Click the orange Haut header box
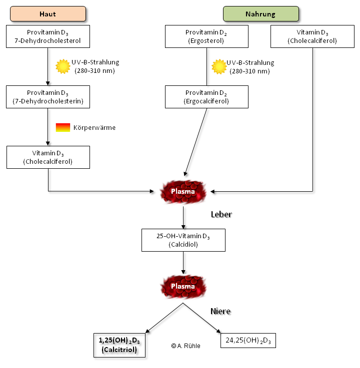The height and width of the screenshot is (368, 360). (x=48, y=13)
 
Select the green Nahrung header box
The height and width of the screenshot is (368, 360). (x=260, y=13)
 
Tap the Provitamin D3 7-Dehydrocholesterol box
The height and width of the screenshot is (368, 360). (x=48, y=36)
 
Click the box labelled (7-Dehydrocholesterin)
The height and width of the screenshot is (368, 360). (x=48, y=97)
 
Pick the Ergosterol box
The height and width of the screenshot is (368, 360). (x=206, y=36)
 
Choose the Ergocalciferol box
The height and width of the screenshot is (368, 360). (x=206, y=97)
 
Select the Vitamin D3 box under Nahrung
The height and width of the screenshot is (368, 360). (x=312, y=36)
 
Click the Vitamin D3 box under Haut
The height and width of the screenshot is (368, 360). (x=48, y=157)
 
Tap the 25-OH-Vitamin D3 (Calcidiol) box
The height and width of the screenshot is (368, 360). (x=183, y=240)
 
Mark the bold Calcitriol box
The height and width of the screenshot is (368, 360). (x=119, y=345)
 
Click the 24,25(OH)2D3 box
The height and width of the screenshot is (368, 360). (x=248, y=340)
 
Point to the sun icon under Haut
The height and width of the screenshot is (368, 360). (x=63, y=66)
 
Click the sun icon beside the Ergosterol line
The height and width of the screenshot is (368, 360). (x=218, y=66)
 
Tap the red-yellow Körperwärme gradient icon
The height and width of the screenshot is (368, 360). (x=63, y=127)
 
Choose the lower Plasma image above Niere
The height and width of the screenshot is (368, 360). (x=183, y=287)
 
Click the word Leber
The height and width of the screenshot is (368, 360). (x=221, y=214)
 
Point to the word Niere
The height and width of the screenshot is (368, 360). (x=220, y=312)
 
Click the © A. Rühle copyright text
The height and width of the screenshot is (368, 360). (x=185, y=346)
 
